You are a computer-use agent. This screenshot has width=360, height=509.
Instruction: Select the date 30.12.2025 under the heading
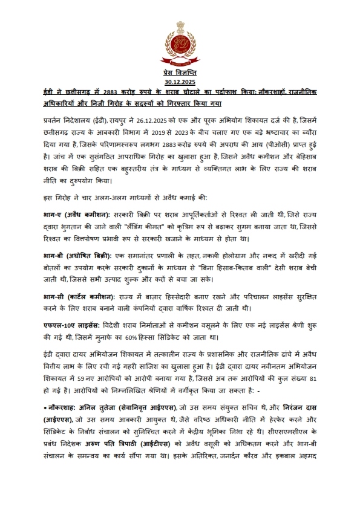click(x=180, y=81)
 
